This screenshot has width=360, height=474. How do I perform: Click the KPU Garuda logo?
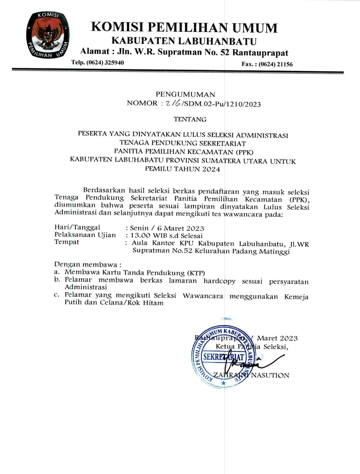47,36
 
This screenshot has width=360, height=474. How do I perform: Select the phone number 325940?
114,62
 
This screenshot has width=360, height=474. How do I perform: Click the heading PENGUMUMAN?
185,94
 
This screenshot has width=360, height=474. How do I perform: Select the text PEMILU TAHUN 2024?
182,169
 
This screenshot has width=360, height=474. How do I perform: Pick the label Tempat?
66,242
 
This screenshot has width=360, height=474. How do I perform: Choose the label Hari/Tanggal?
77,227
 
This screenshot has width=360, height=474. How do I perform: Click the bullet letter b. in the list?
57,280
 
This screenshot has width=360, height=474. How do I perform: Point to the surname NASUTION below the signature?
270,375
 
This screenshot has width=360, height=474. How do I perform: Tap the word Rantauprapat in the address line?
260,52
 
